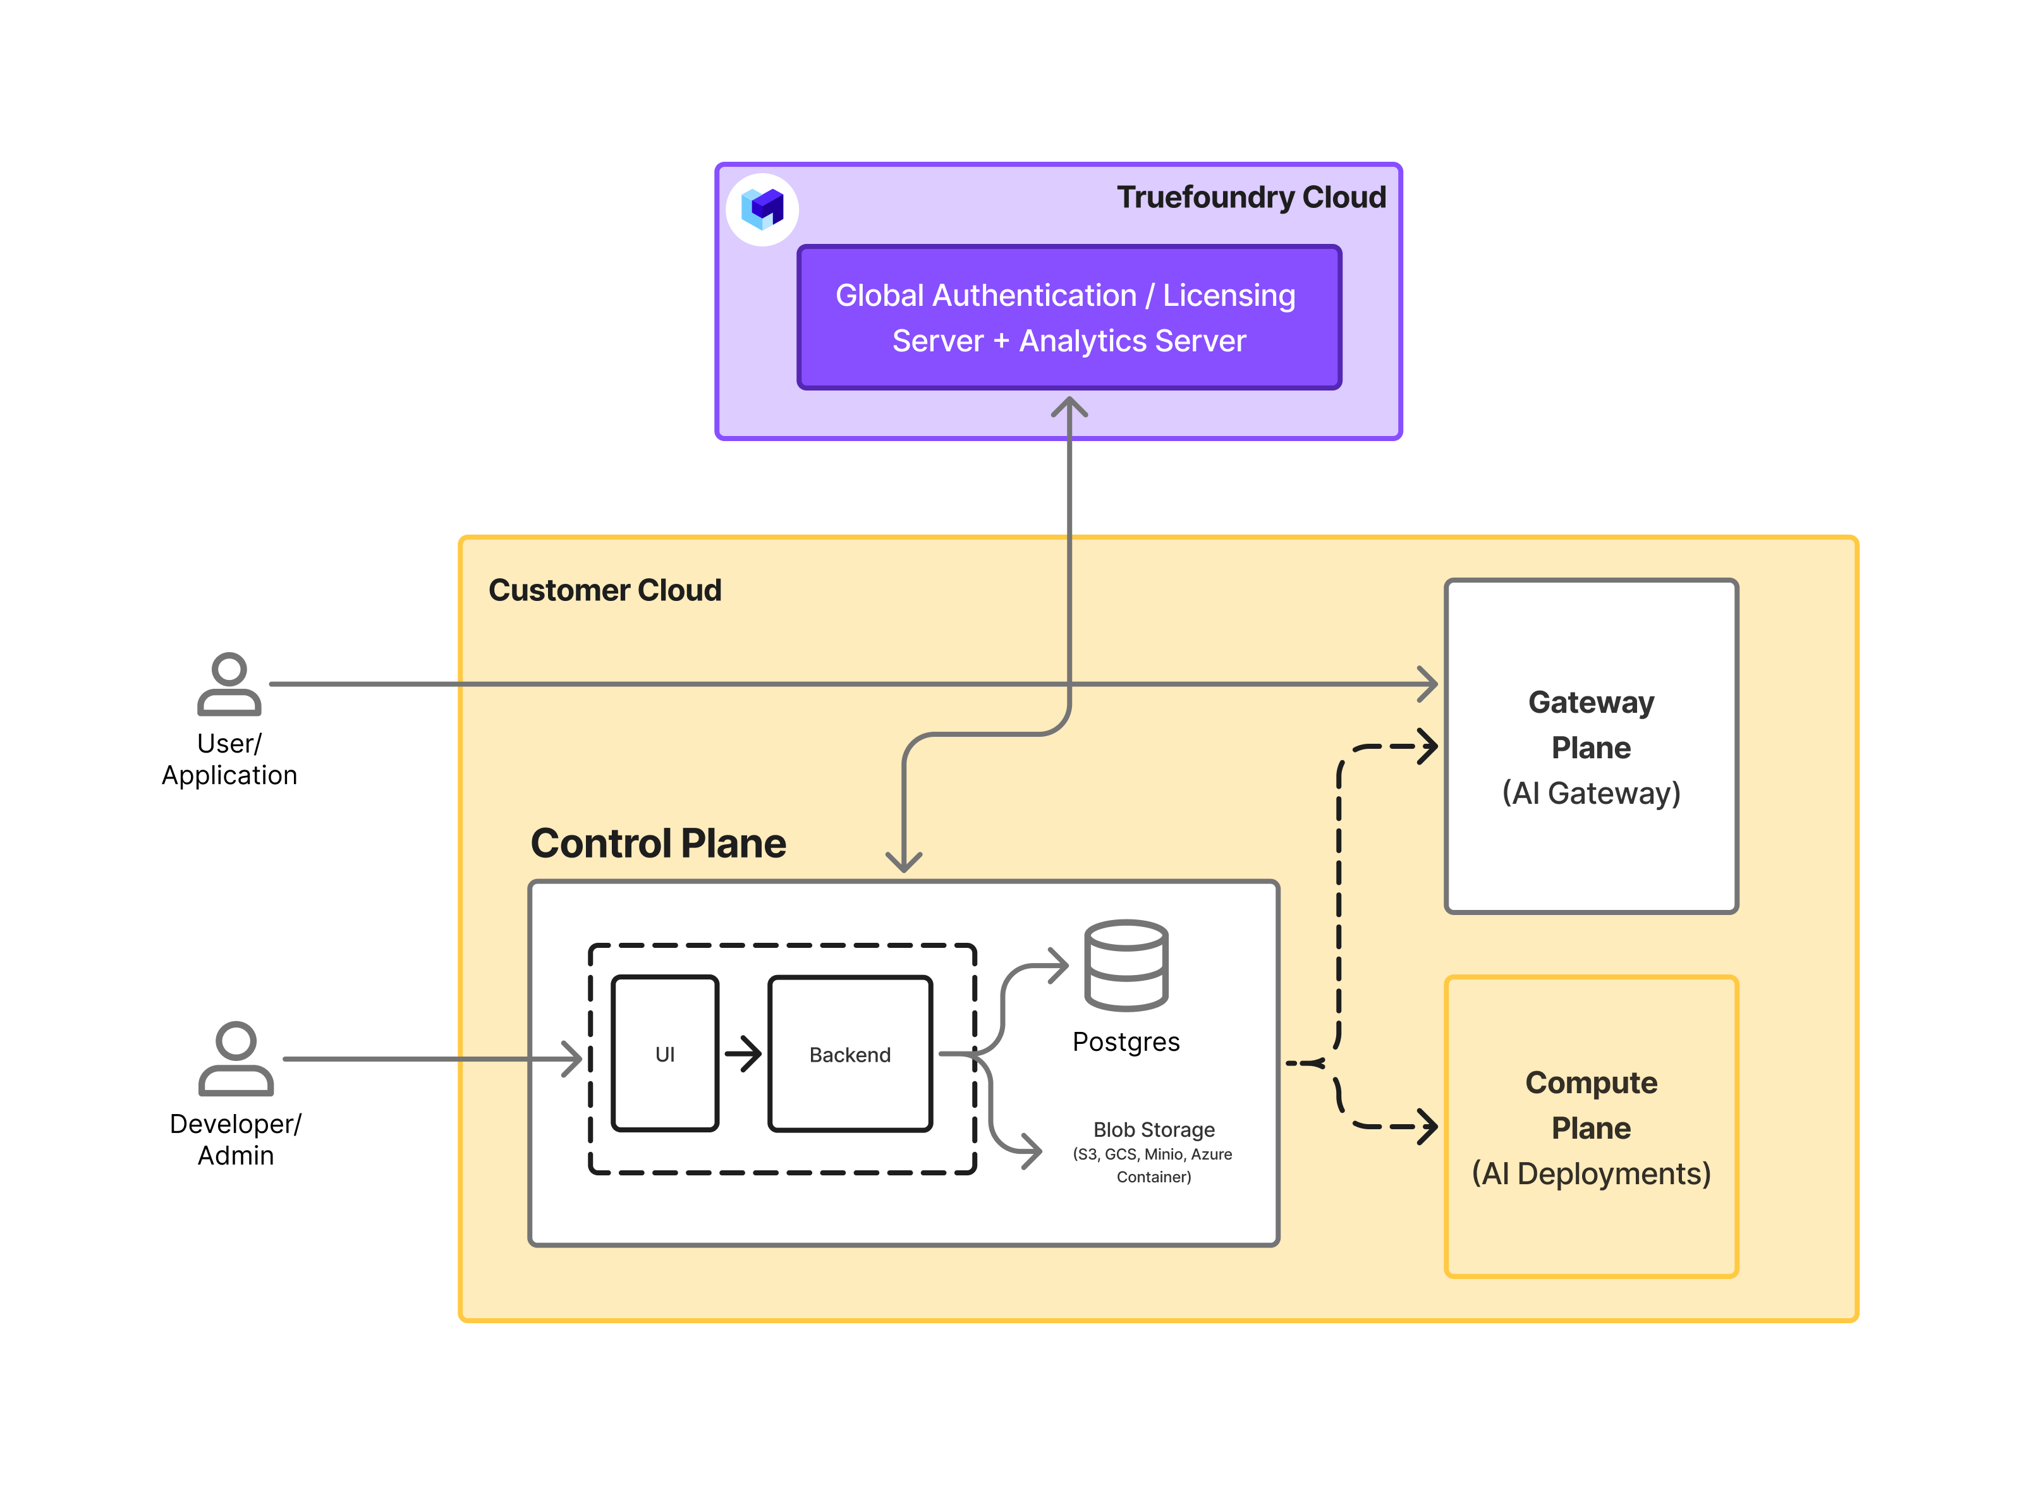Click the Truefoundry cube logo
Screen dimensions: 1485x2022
coord(762,209)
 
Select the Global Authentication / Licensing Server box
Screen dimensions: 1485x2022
coord(1068,317)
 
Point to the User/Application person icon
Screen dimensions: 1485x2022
coord(229,684)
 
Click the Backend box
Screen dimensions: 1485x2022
coord(850,1053)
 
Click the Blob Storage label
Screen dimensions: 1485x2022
coord(1154,1129)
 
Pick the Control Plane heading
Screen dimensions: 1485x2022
coord(658,843)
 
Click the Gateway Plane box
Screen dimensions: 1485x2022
coord(1590,746)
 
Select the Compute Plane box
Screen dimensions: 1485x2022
coord(1590,1126)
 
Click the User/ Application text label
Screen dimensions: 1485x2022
coord(229,759)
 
